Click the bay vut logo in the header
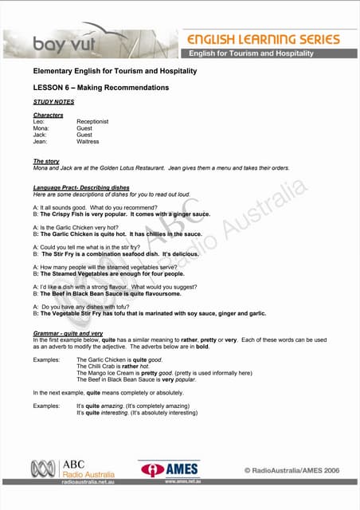tap(59, 45)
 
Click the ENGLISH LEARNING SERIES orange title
tap(263, 39)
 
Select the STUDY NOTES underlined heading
tap(53, 102)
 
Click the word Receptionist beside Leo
tap(92, 122)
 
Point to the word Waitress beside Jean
tap(88, 142)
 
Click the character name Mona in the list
tap(41, 128)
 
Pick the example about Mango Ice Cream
tap(163, 373)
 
